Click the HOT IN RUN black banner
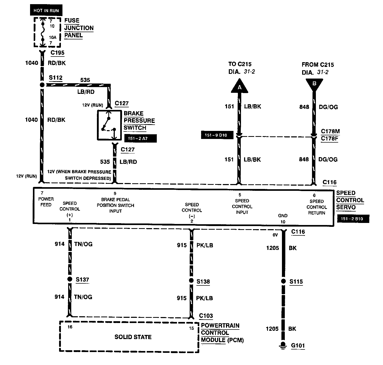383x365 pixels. click(46, 10)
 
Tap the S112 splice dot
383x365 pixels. click(42, 85)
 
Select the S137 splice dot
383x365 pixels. click(70, 279)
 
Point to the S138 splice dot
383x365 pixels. click(191, 280)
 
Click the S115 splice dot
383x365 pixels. click(283, 281)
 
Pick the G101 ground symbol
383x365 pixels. click(283, 345)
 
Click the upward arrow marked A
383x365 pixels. click(240, 86)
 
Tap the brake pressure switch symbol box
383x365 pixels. click(110, 125)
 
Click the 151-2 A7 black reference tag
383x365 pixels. click(140, 138)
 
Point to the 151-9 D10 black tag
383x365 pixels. click(217, 135)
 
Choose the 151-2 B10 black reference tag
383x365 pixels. click(353, 219)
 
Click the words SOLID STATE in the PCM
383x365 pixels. click(133, 337)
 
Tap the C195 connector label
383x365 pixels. click(58, 53)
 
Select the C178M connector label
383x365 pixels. click(330, 131)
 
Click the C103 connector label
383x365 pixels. click(206, 315)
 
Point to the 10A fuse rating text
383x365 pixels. click(53, 37)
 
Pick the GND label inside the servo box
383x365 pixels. click(283, 215)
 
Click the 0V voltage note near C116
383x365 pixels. click(275, 235)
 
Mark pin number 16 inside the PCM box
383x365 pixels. click(70, 327)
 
